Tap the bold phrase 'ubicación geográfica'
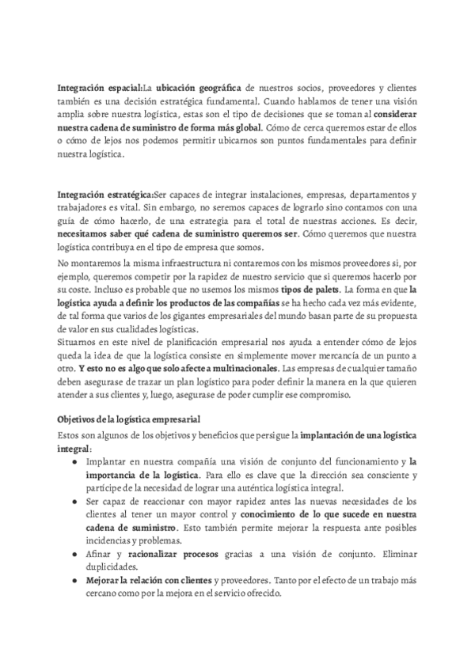click(199, 87)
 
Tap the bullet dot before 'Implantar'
click(74, 461)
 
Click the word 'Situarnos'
click(78, 343)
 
